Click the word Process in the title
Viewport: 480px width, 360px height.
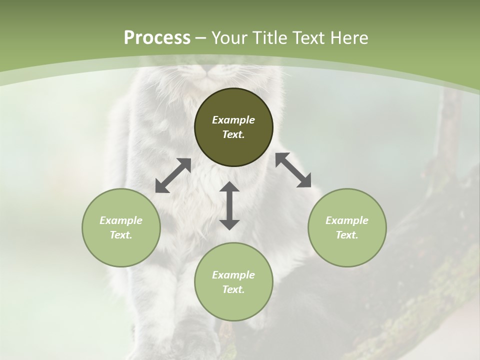(x=157, y=38)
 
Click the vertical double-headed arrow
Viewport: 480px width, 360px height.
(x=229, y=205)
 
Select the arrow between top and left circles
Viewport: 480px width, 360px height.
(x=173, y=175)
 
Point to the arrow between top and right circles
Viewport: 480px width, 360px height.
(x=293, y=170)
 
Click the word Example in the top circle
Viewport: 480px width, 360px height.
(x=233, y=120)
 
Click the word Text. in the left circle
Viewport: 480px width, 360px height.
(x=121, y=235)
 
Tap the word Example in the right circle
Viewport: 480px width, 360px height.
(x=347, y=220)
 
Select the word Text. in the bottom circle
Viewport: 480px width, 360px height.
(x=233, y=289)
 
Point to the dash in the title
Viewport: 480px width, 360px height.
(x=201, y=38)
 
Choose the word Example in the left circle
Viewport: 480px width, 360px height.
(x=121, y=220)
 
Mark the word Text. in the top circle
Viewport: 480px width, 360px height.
(x=233, y=134)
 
